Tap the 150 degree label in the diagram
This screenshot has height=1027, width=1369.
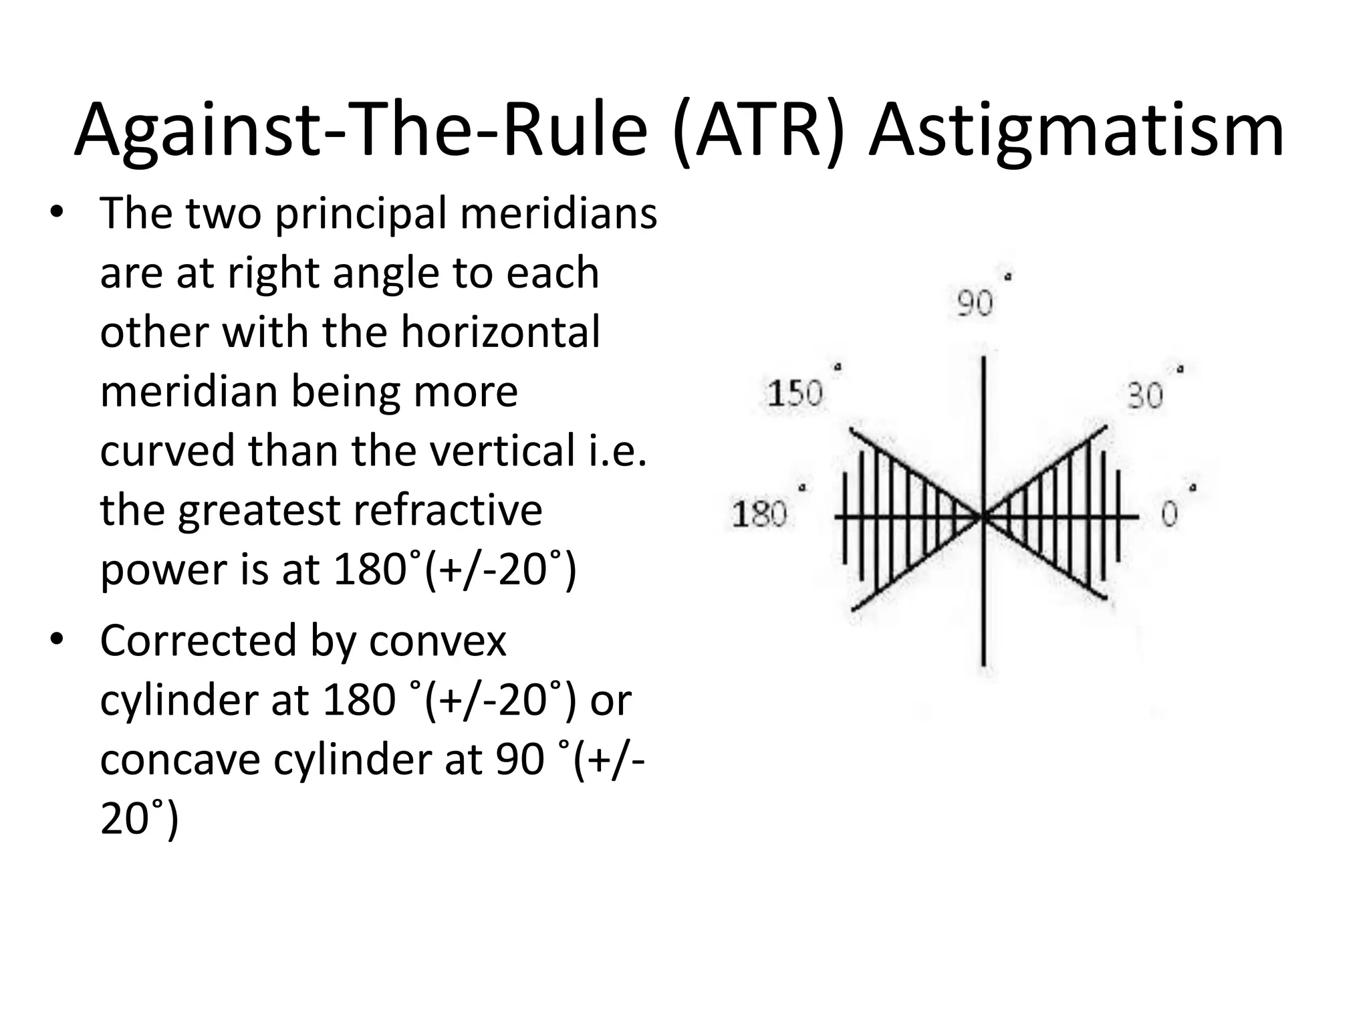click(x=795, y=393)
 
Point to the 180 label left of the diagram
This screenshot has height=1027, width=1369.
click(x=759, y=514)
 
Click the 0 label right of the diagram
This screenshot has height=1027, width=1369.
click(x=1170, y=513)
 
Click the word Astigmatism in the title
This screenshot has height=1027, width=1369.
click(x=1076, y=130)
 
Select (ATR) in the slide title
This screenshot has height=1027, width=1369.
click(x=759, y=130)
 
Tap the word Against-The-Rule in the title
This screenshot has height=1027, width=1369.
click(x=361, y=130)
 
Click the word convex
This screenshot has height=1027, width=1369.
click(x=438, y=641)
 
